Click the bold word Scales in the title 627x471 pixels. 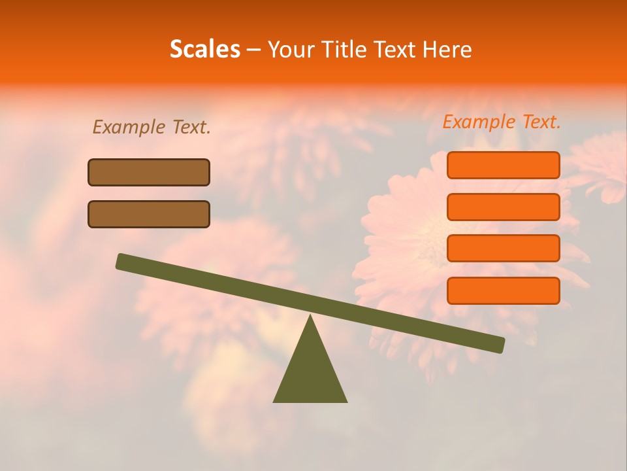[204, 49]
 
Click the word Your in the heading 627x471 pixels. [291, 50]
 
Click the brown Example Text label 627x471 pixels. [152, 127]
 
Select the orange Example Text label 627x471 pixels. [502, 122]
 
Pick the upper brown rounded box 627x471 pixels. [149, 172]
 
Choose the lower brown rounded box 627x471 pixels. [149, 214]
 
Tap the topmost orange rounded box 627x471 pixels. [503, 165]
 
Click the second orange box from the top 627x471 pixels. [503, 207]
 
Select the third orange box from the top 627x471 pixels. [503, 249]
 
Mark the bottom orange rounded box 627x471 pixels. [503, 290]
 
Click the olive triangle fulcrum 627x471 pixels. [310, 373]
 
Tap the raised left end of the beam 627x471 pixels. [121, 261]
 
